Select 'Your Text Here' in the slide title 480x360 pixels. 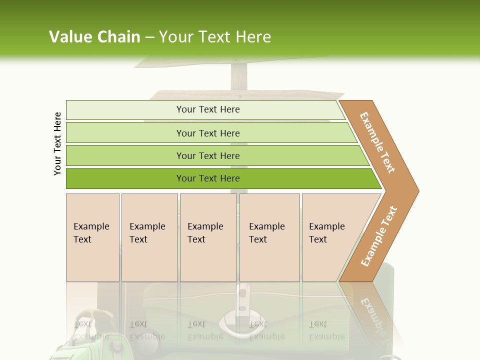point(215,37)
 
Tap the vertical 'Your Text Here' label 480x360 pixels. point(57,144)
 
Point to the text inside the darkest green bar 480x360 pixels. point(208,178)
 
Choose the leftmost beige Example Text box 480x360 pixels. point(92,237)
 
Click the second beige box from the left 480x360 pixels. point(149,237)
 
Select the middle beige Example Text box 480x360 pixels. point(208,237)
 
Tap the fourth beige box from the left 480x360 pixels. point(269,237)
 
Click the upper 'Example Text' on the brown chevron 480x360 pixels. point(377,142)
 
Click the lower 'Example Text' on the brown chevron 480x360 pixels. point(378,236)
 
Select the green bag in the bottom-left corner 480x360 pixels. point(85,340)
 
